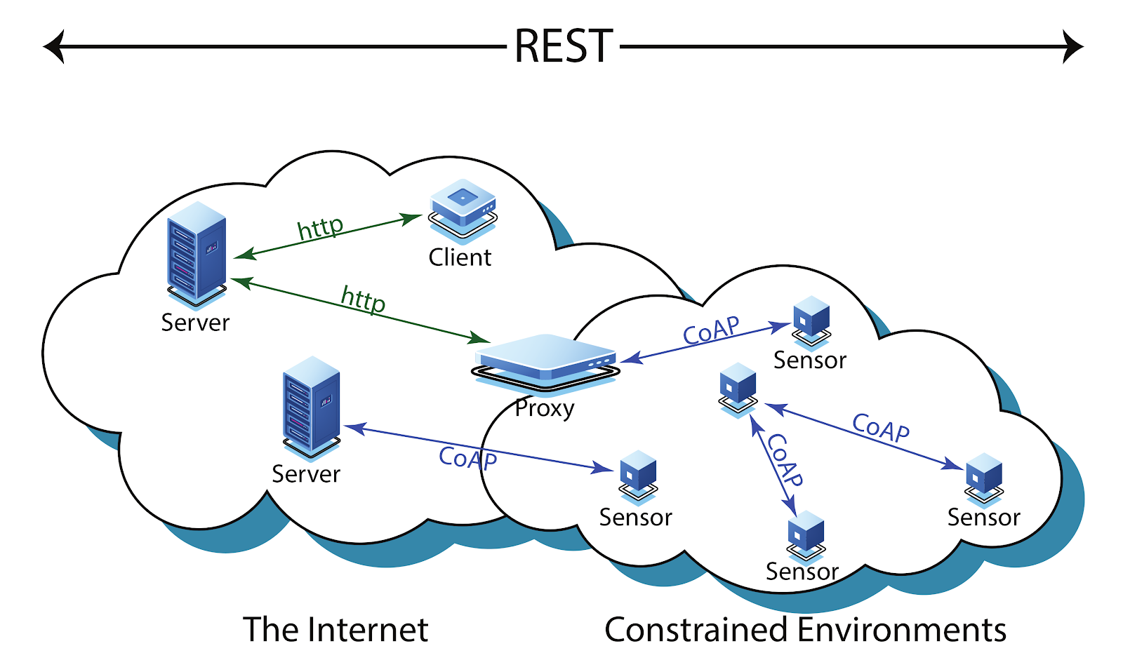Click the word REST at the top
[x=564, y=46]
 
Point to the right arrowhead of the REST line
[x=1073, y=46]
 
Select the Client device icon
[x=463, y=211]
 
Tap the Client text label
[x=460, y=257]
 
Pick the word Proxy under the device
[x=545, y=408]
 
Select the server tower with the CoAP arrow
[x=312, y=407]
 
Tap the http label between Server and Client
[x=320, y=228]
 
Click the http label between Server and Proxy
[x=363, y=299]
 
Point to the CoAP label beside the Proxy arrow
[x=711, y=330]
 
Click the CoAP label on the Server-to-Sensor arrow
[x=467, y=458]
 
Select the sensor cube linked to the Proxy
[x=811, y=322]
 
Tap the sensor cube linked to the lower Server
[x=638, y=477]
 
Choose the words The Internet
[x=335, y=629]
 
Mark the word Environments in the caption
[x=901, y=629]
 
